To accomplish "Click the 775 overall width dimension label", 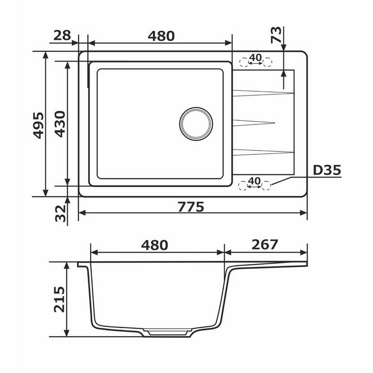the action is tap(191, 207).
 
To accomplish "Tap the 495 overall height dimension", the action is tap(38, 125).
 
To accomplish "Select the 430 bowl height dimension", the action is tap(60, 124).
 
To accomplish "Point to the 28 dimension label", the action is tap(62, 35).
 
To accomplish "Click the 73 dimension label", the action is tap(276, 35).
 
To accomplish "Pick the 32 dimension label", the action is tap(60, 214).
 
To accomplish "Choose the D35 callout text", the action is tap(327, 170).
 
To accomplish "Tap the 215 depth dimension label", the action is tap(59, 299).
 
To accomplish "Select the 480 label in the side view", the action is tap(155, 245).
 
